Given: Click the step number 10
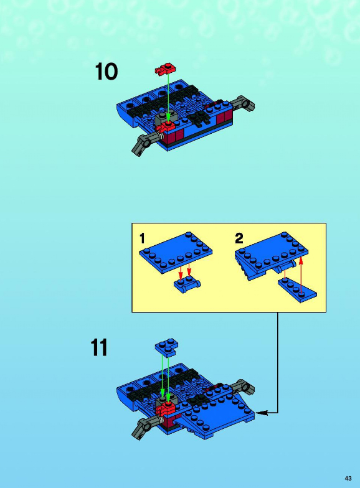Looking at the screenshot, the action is [107, 72].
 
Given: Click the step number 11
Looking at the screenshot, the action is [99, 347].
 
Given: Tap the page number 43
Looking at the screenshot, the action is [348, 478].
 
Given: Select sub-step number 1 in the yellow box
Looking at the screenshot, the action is [142, 239].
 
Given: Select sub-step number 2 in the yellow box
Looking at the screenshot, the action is [239, 239].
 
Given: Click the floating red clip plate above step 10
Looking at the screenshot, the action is [166, 70].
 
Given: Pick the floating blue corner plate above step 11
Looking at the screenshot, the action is [167, 347].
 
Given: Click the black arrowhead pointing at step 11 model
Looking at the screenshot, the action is [261, 413].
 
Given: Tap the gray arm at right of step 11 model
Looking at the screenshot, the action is [244, 386].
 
